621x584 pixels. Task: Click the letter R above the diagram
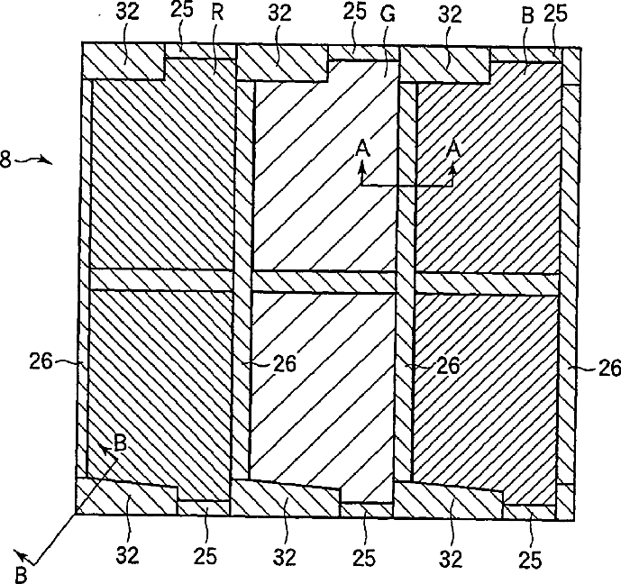(217, 14)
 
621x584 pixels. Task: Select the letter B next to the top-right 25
(530, 14)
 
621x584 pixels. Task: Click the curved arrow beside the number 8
(34, 161)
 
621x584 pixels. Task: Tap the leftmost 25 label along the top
(184, 14)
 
